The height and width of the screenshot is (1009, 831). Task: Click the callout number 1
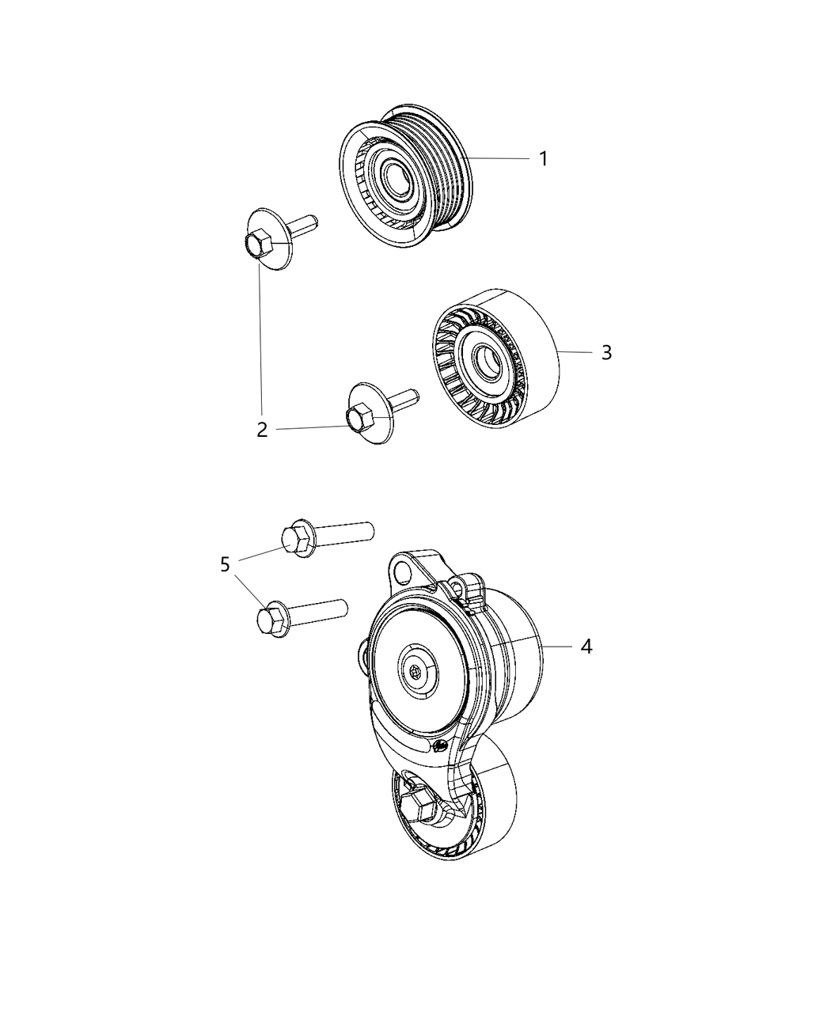click(543, 158)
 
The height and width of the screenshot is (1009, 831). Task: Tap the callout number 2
click(262, 430)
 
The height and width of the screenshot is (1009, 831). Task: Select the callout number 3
click(606, 352)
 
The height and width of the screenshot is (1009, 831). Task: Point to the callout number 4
click(586, 647)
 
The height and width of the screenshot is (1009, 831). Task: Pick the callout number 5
click(226, 564)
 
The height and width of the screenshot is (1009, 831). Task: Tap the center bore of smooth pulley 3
click(484, 365)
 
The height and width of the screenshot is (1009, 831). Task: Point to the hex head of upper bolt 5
click(298, 537)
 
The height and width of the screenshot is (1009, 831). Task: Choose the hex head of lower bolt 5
click(271, 620)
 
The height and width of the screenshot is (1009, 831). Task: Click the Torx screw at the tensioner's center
click(417, 672)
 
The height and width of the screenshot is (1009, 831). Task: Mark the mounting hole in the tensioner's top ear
click(404, 570)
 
